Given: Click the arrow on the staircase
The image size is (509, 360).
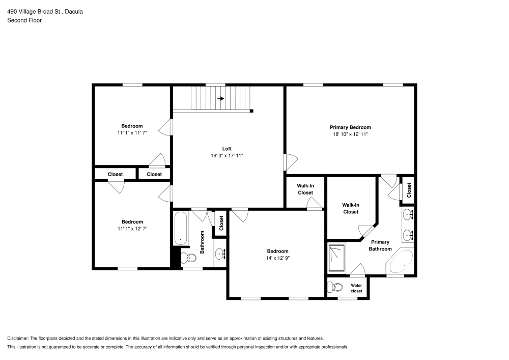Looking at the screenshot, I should click(221, 98).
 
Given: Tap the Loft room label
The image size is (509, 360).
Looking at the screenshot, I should click(227, 149).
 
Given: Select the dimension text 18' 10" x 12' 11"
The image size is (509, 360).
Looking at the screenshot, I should click(350, 134).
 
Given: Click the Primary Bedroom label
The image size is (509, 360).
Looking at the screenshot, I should click(350, 127).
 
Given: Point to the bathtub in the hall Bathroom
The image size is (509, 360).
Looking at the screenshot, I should click(180, 228).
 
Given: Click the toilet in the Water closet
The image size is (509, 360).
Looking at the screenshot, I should click(334, 288).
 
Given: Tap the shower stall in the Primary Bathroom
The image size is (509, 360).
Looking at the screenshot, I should click(336, 258).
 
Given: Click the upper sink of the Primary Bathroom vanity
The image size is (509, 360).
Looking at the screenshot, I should click(408, 215).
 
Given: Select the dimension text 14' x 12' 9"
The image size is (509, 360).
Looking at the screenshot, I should click(277, 258).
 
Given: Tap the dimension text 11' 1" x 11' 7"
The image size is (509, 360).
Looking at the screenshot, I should click(132, 133).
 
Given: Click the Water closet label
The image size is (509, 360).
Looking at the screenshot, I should click(356, 288).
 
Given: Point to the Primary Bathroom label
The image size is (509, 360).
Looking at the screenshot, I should click(380, 245).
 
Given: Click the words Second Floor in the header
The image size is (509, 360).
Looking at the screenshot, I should click(24, 20).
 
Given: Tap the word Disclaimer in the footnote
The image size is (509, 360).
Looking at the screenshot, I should click(18, 338).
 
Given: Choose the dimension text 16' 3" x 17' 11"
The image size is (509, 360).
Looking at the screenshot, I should click(227, 155).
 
